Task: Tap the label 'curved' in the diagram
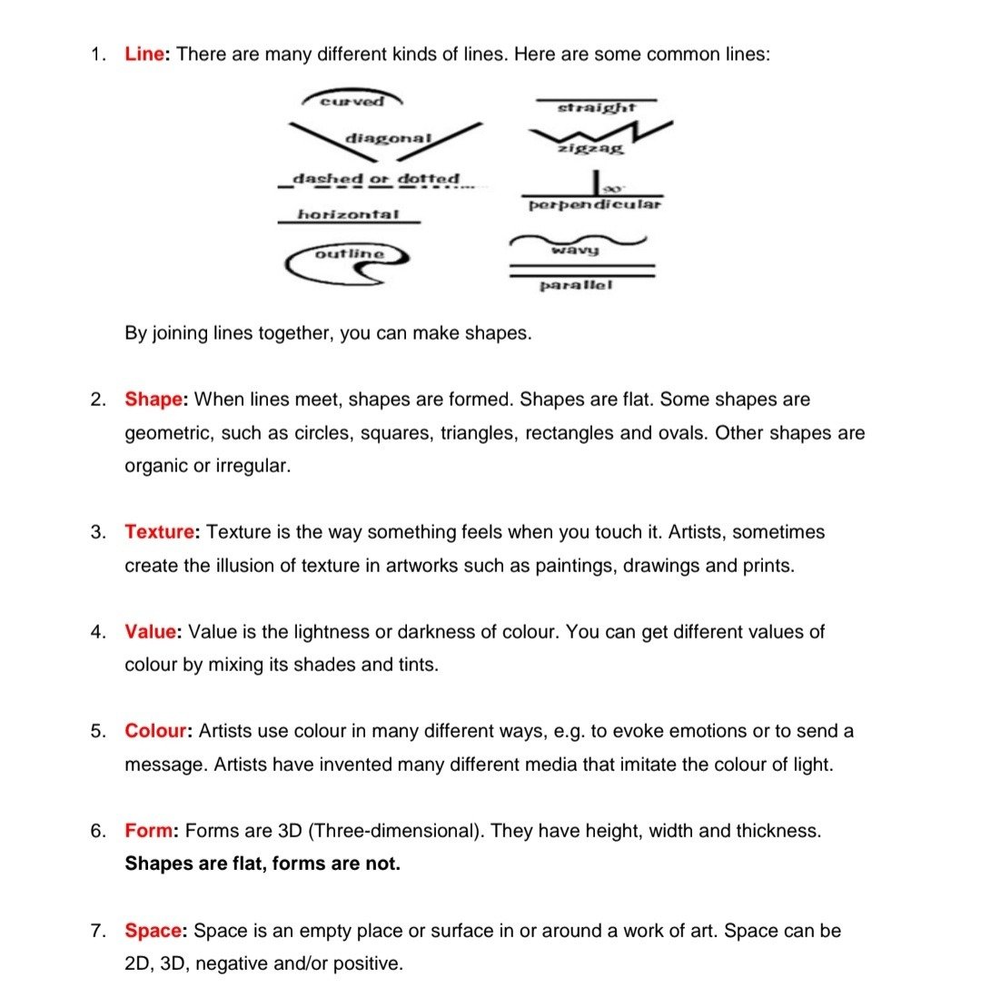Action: coord(352,101)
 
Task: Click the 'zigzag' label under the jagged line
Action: coord(591,147)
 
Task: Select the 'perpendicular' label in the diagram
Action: coord(594,204)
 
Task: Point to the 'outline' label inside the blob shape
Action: coord(350,253)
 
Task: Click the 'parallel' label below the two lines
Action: coord(576,285)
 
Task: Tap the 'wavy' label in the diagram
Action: coord(575,249)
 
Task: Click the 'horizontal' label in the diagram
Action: coord(348,214)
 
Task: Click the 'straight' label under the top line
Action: coord(596,107)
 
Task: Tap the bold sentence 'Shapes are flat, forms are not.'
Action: coord(262,864)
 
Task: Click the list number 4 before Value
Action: coord(96,631)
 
